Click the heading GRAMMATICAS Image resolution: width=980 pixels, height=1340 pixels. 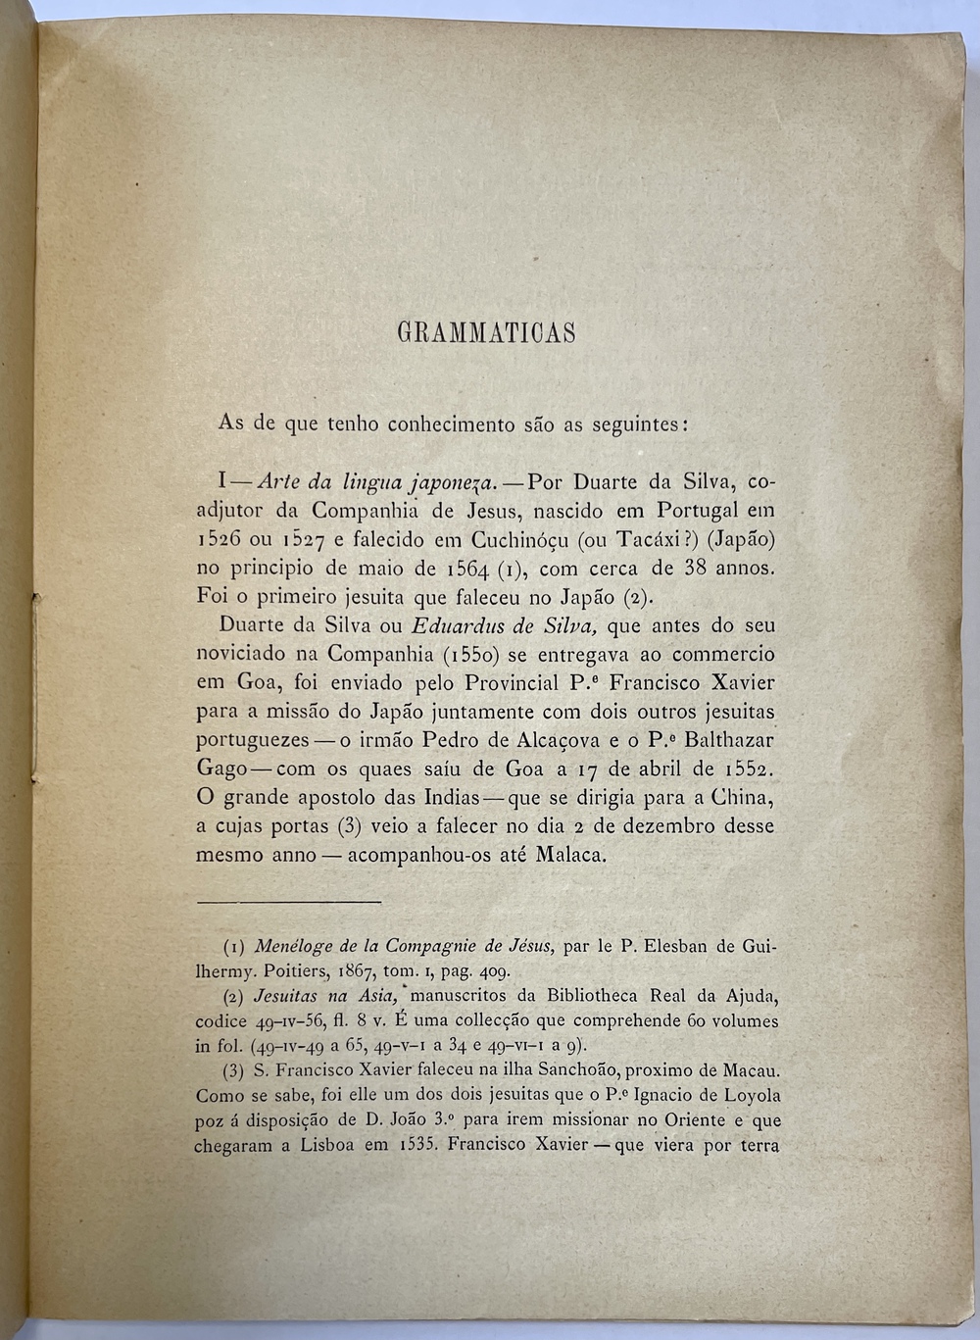486,333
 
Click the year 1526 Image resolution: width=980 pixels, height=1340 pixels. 227,539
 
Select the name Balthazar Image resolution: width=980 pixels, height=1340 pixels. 726,739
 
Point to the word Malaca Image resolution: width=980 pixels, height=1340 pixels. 570,855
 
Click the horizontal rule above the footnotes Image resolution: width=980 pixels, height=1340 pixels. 288,900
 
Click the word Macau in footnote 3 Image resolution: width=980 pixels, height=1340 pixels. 751,1071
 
